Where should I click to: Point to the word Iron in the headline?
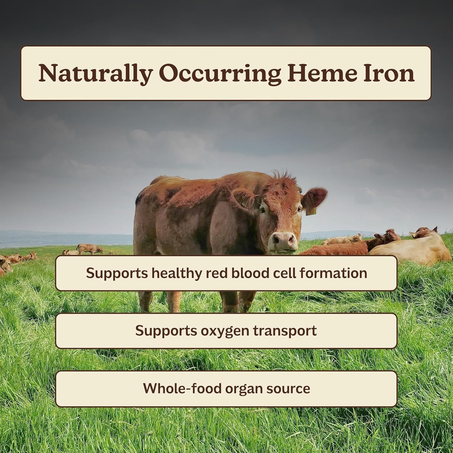[x=389, y=73]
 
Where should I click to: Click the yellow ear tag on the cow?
[x=310, y=212]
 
